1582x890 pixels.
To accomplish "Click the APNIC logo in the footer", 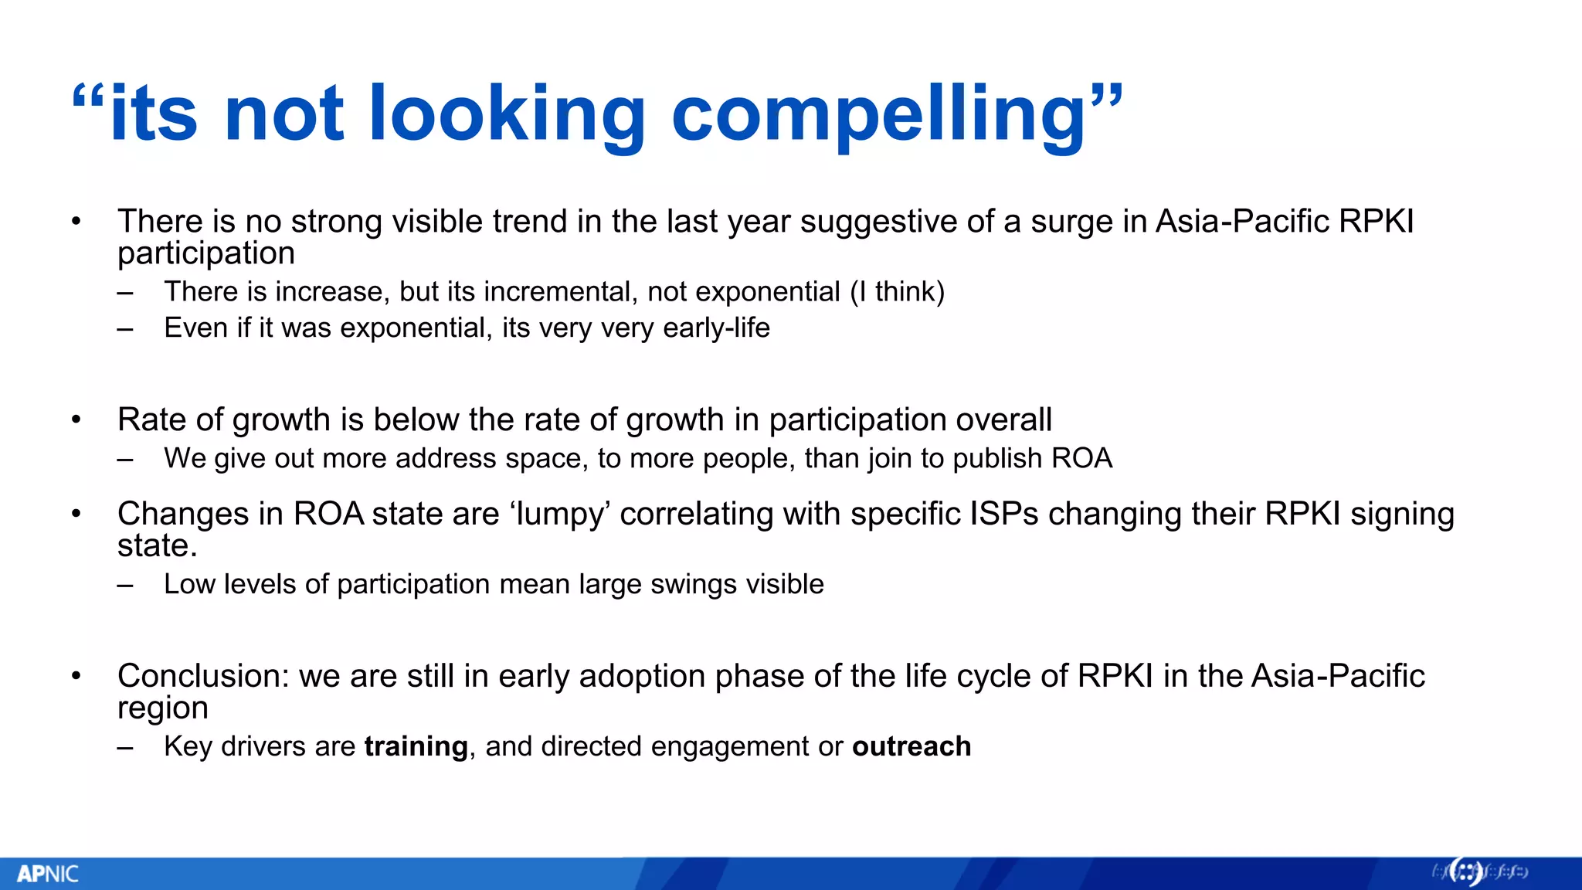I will [x=48, y=874].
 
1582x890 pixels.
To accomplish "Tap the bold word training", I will [x=416, y=746].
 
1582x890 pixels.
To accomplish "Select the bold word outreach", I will [x=912, y=746].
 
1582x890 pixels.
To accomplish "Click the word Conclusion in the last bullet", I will [x=202, y=676].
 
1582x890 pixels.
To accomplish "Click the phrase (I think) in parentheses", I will [x=897, y=292].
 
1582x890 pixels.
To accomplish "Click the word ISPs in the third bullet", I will [x=1003, y=514].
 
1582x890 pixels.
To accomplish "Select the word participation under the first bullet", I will [x=206, y=253].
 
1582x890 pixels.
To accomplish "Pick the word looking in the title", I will [x=506, y=114].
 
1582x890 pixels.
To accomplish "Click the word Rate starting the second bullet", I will [x=151, y=420].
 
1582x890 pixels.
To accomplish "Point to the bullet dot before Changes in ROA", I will [x=76, y=514].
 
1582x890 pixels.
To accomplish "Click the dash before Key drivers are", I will [x=125, y=747].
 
